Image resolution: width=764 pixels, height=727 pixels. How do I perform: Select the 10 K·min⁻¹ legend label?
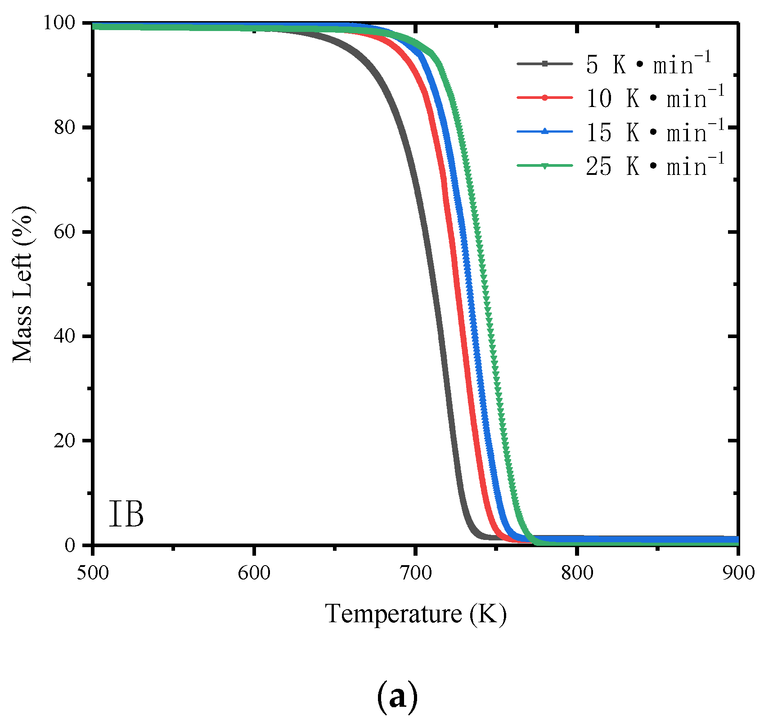coord(655,98)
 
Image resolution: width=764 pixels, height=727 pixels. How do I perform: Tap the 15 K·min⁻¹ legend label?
coord(655,132)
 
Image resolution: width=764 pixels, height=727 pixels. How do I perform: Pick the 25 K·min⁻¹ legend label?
coord(655,165)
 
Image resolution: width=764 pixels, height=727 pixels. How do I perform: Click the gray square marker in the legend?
coord(544,64)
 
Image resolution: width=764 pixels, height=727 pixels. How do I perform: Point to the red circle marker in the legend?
coord(544,98)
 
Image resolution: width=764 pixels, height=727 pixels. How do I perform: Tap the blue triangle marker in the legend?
coord(544,131)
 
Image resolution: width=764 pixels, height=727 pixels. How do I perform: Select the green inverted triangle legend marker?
coord(544,165)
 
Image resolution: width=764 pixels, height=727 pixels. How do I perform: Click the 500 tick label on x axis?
coord(93,573)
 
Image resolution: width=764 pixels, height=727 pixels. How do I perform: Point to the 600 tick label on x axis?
coord(254,573)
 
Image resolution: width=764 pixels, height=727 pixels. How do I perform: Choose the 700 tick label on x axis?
coord(415,573)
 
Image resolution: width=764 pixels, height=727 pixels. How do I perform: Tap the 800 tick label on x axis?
coord(577,573)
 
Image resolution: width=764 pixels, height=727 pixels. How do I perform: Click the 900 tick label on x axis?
coord(738,573)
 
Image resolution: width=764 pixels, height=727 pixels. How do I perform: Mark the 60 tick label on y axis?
coord(64,232)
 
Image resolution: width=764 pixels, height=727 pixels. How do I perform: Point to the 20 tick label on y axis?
coord(64,441)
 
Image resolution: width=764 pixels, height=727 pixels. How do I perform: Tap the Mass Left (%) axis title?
coord(22,284)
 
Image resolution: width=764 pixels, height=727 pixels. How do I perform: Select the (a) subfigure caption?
coord(397,697)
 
